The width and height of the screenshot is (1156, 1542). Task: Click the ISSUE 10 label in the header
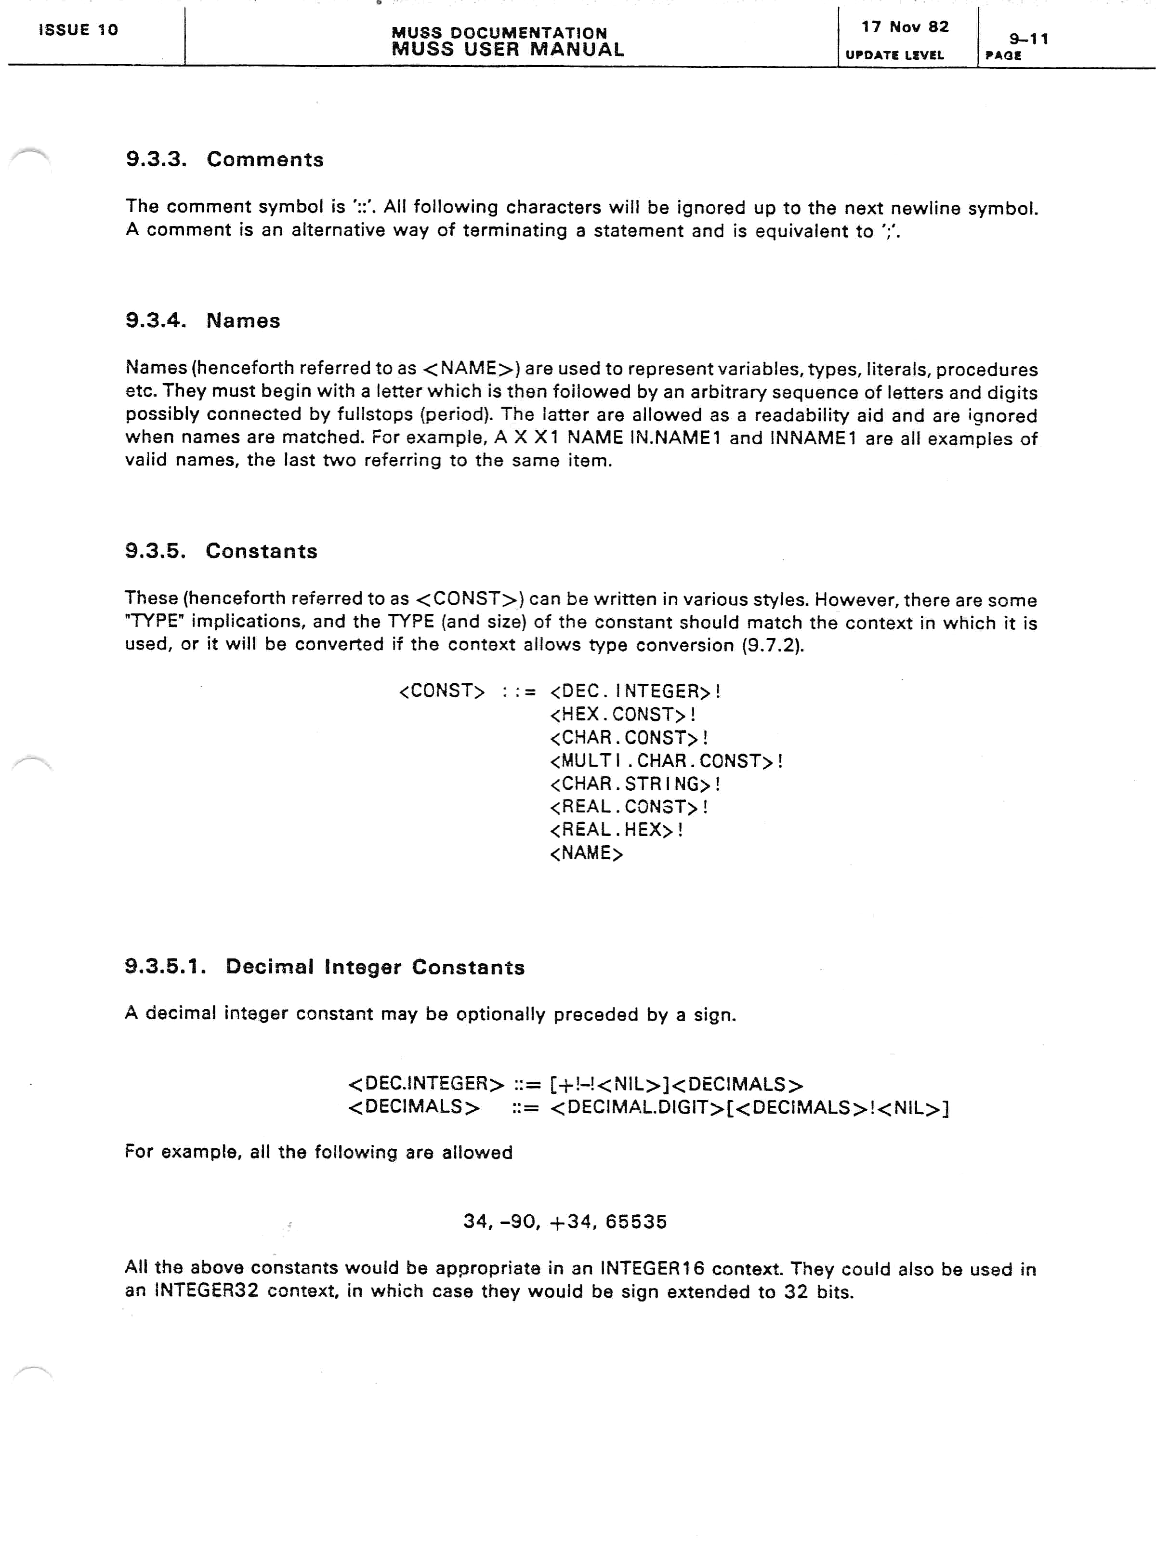pyautogui.click(x=78, y=30)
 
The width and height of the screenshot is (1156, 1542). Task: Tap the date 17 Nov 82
pyautogui.click(x=905, y=27)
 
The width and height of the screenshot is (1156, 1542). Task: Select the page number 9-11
pyautogui.click(x=1028, y=39)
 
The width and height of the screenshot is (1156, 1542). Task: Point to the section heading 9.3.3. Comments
pyautogui.click(x=224, y=160)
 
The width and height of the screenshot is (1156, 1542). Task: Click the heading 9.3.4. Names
pyautogui.click(x=203, y=320)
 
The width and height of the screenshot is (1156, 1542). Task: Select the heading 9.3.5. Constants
pyautogui.click(x=221, y=551)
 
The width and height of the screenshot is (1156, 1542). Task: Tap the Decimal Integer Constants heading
pyautogui.click(x=325, y=967)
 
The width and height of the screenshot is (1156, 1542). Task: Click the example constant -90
pyautogui.click(x=518, y=1222)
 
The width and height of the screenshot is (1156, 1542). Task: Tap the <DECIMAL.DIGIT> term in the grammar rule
pyautogui.click(x=637, y=1108)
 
